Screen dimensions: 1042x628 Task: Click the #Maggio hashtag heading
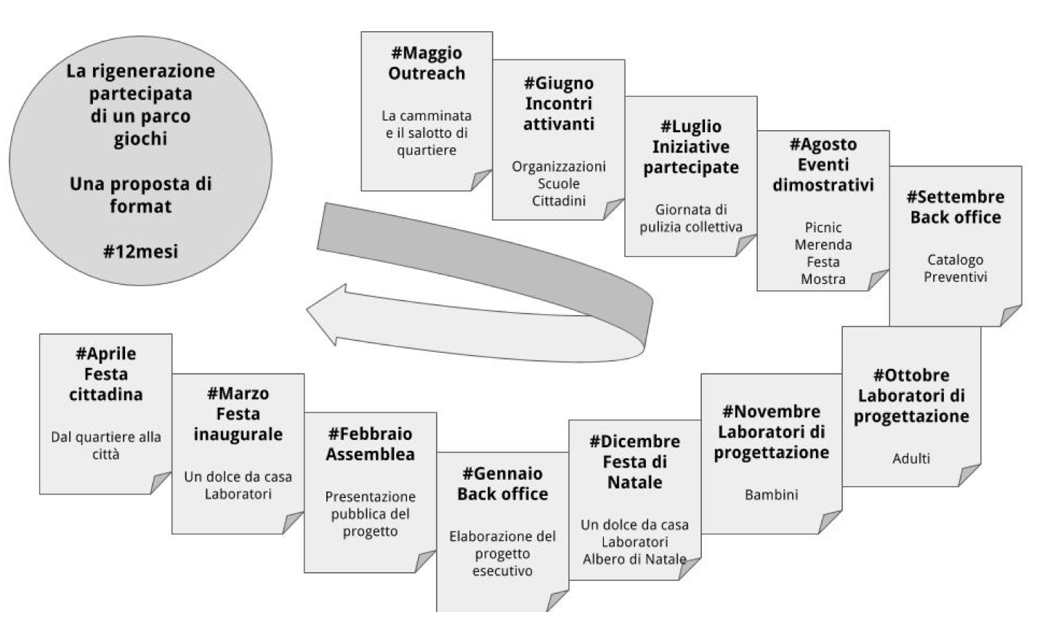click(427, 53)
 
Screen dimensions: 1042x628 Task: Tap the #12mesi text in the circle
click(140, 251)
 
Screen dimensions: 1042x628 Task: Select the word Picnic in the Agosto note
click(823, 227)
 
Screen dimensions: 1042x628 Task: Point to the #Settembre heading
click(956, 197)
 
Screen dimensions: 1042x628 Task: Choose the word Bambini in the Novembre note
click(771, 494)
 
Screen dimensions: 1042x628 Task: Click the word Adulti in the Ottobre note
click(910, 459)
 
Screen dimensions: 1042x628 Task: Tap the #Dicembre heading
click(634, 441)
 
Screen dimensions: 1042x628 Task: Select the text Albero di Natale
click(634, 559)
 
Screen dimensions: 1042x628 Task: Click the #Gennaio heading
click(502, 473)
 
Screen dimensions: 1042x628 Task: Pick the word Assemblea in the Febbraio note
click(370, 454)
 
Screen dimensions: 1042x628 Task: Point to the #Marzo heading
click(238, 393)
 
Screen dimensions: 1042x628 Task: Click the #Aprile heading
click(105, 354)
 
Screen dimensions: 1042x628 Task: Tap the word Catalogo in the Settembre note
click(955, 260)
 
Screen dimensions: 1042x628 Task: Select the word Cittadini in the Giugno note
click(558, 201)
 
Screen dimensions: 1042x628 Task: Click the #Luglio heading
click(691, 126)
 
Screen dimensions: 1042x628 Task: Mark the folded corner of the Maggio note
click(481, 180)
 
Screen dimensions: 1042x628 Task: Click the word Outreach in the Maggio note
click(427, 73)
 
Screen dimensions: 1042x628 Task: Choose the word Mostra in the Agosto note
click(823, 279)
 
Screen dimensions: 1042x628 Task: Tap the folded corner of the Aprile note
click(161, 483)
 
